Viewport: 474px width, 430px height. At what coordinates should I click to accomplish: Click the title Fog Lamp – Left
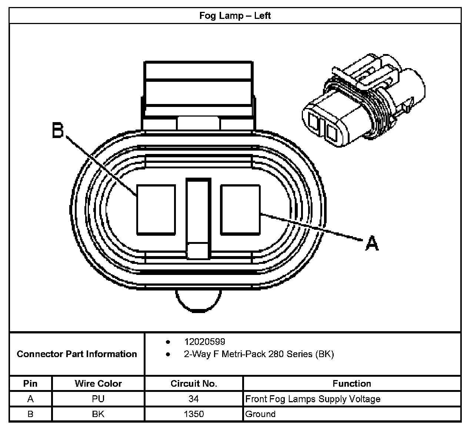(235, 16)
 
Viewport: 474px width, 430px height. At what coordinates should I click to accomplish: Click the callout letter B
(58, 131)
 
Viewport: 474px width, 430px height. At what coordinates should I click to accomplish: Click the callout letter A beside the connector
(372, 244)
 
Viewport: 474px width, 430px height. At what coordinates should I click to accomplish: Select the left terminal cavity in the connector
(156, 210)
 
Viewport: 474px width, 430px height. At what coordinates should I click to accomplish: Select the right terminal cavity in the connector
(240, 210)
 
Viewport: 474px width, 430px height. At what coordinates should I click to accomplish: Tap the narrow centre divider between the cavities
(198, 215)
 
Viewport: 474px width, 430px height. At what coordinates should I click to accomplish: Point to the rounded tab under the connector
(198, 299)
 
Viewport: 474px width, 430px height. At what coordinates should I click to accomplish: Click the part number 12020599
(204, 342)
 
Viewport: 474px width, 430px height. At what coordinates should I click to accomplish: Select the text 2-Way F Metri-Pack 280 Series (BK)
(259, 354)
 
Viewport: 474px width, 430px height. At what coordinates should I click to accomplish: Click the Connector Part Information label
(77, 354)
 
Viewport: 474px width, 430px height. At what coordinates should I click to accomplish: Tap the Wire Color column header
(98, 383)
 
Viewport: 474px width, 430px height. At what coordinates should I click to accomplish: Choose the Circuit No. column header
(194, 383)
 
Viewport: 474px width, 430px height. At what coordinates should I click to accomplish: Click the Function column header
(352, 383)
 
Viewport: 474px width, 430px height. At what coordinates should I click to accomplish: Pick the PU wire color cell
(98, 399)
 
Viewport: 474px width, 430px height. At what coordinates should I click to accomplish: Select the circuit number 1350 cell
(194, 414)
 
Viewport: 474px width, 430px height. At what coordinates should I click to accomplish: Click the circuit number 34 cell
(194, 399)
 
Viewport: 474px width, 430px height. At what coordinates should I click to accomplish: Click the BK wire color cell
(98, 414)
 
